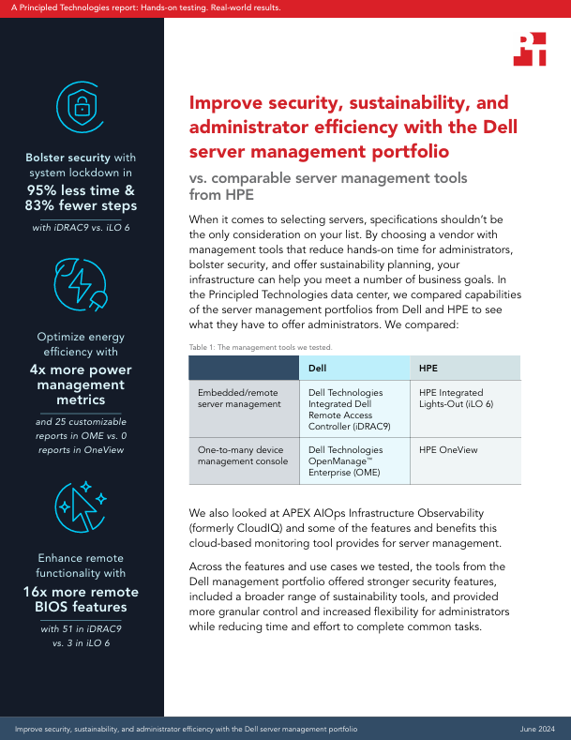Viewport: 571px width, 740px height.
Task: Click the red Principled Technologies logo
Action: click(x=530, y=49)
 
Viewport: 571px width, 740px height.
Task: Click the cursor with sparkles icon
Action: click(x=82, y=506)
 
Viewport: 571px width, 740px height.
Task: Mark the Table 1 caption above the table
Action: click(x=248, y=347)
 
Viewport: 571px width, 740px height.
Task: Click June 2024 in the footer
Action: click(x=538, y=729)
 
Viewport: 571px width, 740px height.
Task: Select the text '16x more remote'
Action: click(x=82, y=592)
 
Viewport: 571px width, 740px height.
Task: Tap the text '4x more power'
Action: click(x=82, y=370)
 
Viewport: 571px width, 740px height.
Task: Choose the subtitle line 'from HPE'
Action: click(x=222, y=196)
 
